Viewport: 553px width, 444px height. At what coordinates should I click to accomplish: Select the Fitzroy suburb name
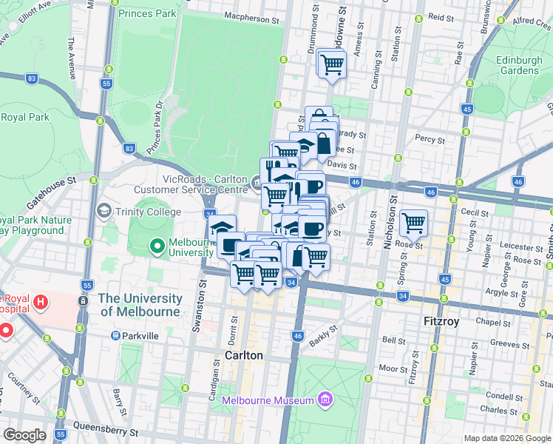(442, 323)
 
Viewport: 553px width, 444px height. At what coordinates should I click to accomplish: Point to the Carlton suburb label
(243, 355)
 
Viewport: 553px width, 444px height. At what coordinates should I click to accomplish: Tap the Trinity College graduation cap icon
(104, 212)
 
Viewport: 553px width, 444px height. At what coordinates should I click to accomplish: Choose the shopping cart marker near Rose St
(413, 222)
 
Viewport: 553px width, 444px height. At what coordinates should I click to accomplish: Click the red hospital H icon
(41, 302)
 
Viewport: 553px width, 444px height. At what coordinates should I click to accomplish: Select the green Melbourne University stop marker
(157, 246)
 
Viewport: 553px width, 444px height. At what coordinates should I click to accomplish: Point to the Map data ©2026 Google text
(507, 438)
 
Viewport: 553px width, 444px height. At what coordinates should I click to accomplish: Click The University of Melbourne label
(140, 305)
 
